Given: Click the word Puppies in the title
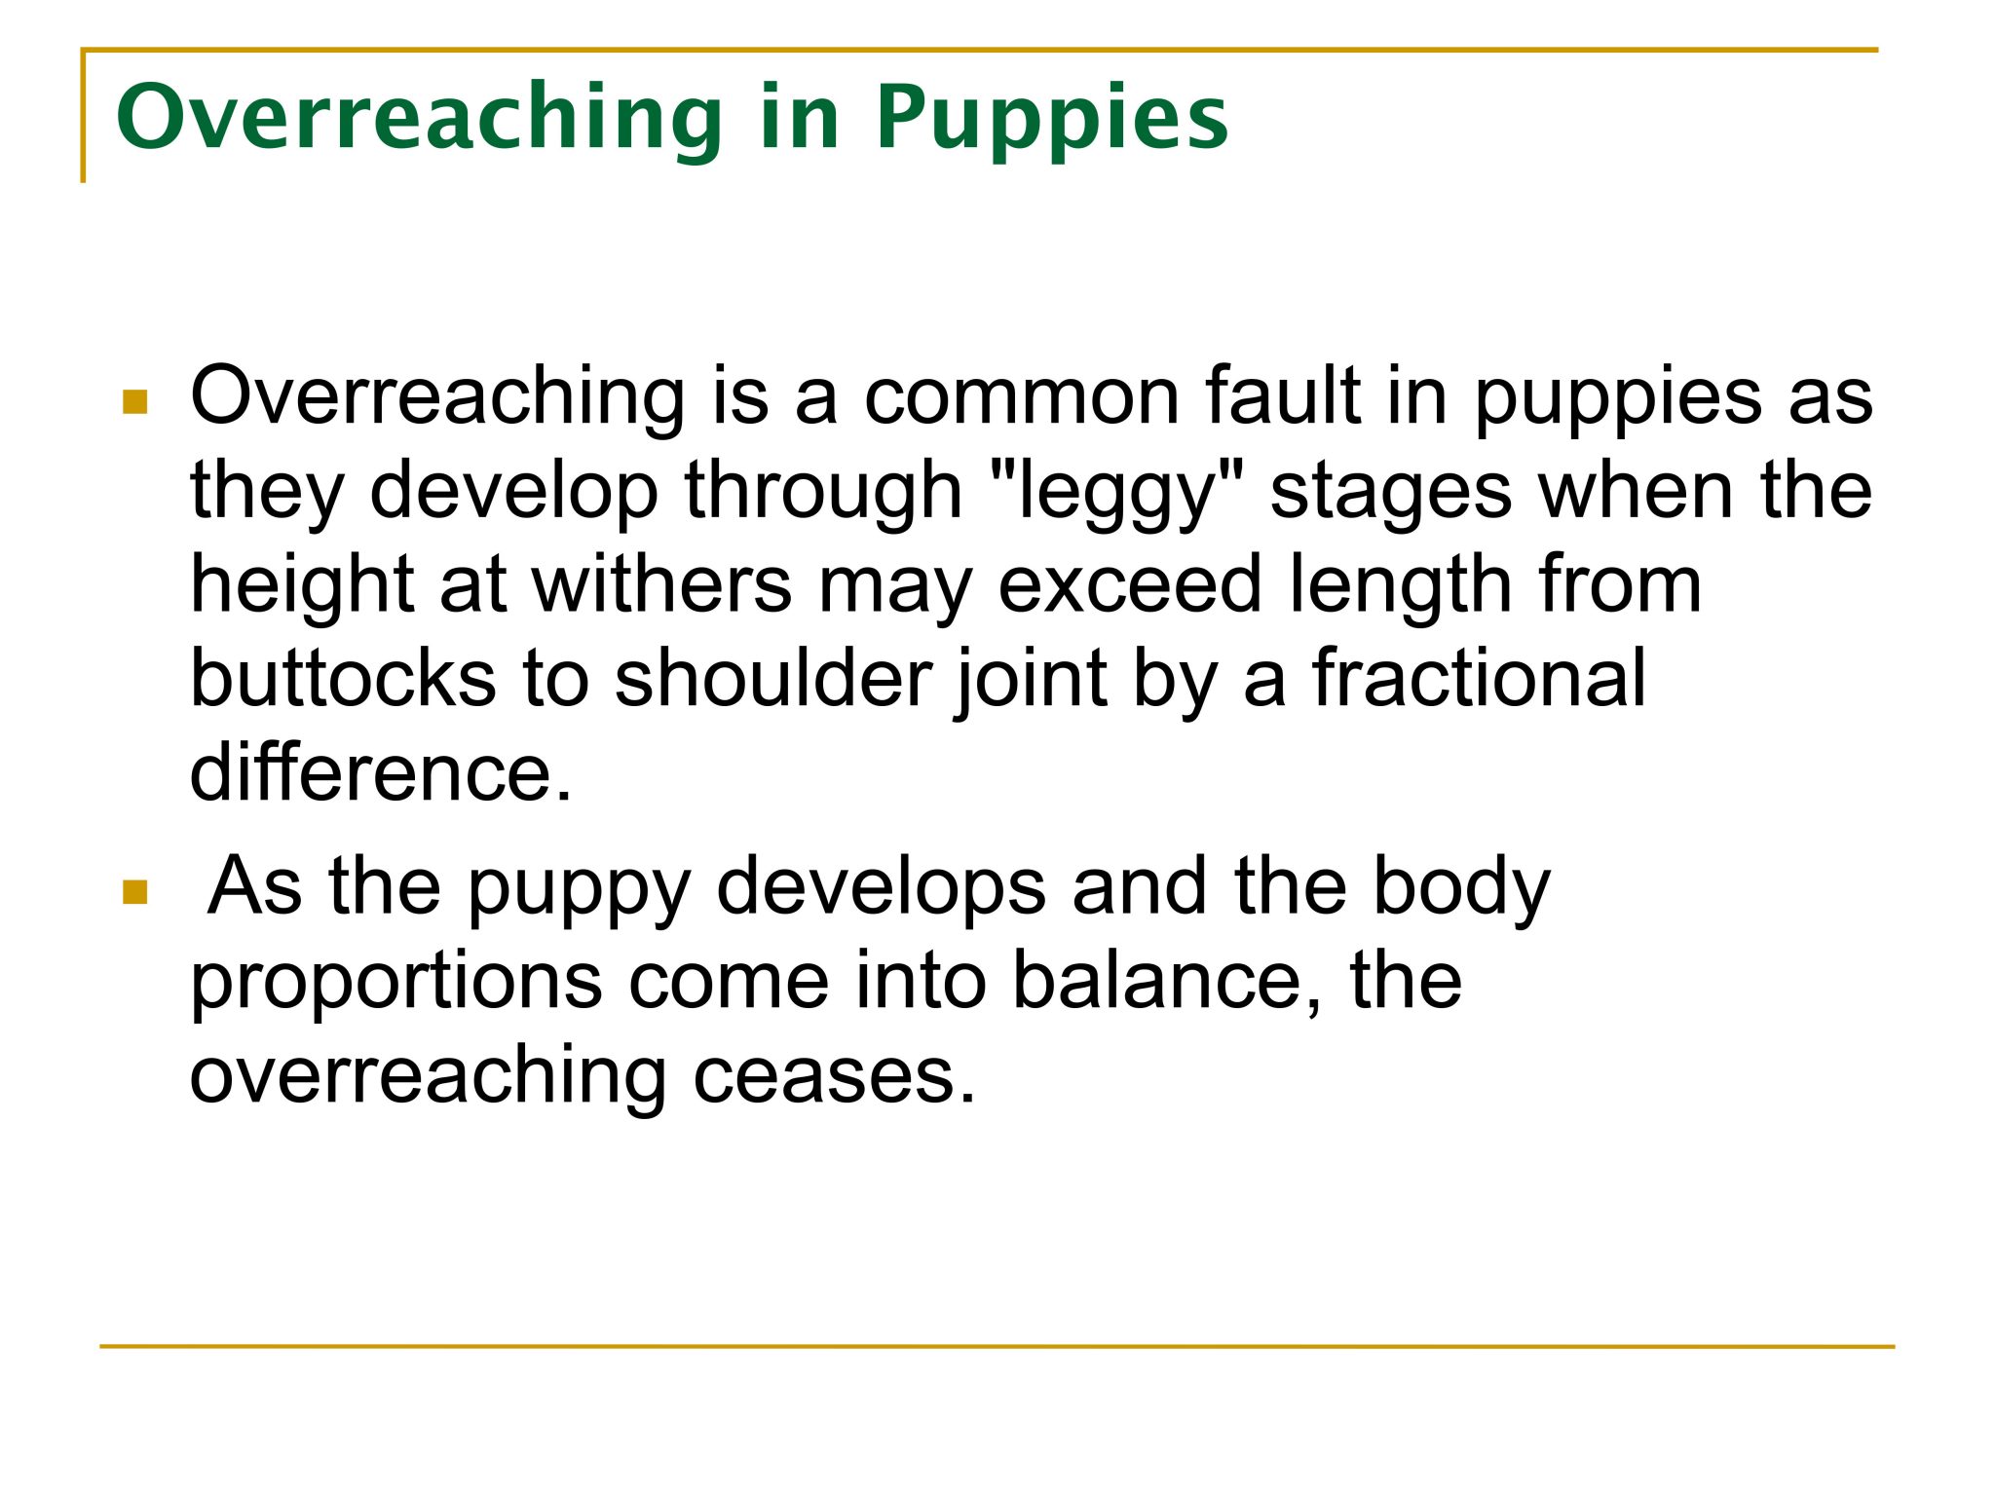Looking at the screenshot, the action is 1052,121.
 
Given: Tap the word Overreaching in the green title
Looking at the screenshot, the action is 420,116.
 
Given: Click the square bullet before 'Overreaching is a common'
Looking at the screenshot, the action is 135,401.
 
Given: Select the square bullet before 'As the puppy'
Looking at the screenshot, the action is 135,892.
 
